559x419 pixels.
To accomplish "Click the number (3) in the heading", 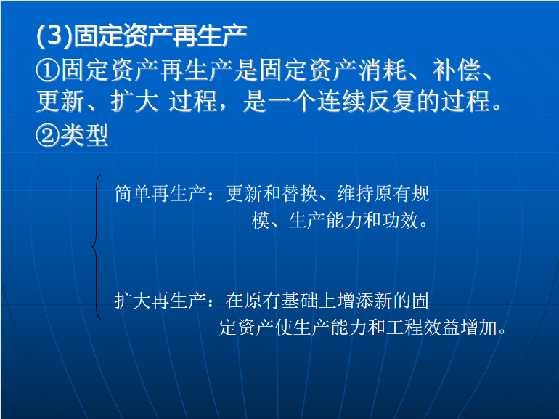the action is (x=54, y=36).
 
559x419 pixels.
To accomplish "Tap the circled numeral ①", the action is (x=48, y=70).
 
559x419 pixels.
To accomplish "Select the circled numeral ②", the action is (x=48, y=136).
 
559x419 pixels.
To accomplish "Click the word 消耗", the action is (x=382, y=70).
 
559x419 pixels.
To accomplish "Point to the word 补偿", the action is (x=457, y=70).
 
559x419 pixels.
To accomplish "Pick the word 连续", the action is (x=340, y=101).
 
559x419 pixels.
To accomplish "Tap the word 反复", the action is (x=391, y=101).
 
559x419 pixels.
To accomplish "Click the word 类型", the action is (x=84, y=136).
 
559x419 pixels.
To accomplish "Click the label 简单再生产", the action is (x=160, y=194).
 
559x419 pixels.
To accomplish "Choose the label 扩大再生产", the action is (x=160, y=300).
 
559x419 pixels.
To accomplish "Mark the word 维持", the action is (x=356, y=194).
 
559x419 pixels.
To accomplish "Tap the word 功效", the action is (x=400, y=220).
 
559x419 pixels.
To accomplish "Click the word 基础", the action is (x=300, y=300).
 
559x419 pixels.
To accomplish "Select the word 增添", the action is (x=356, y=300).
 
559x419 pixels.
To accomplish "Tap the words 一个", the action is (x=292, y=101).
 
